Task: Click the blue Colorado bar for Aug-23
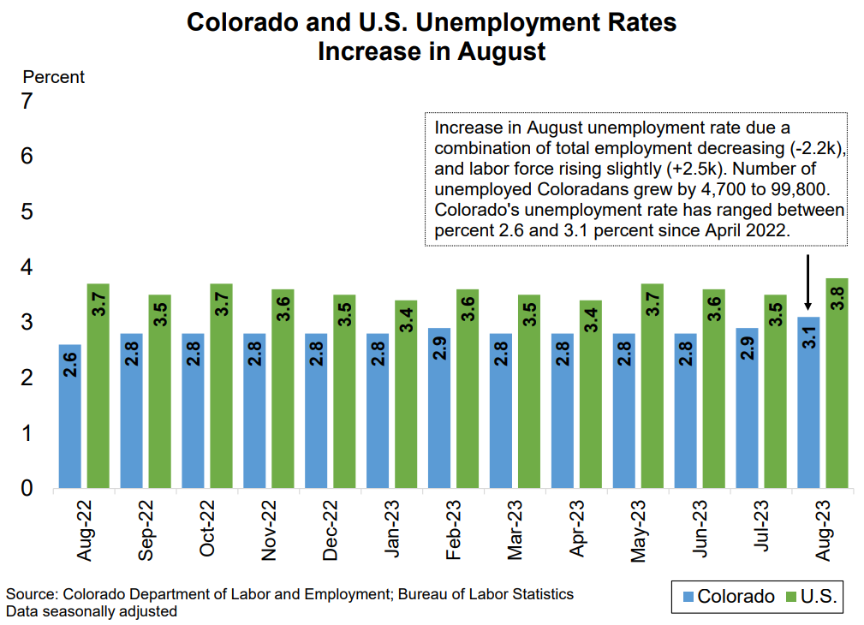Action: coord(808,402)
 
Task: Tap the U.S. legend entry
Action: coord(810,597)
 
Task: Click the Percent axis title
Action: coord(53,77)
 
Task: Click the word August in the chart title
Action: coord(501,51)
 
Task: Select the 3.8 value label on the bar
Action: coord(837,303)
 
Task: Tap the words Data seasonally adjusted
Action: coord(92,611)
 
